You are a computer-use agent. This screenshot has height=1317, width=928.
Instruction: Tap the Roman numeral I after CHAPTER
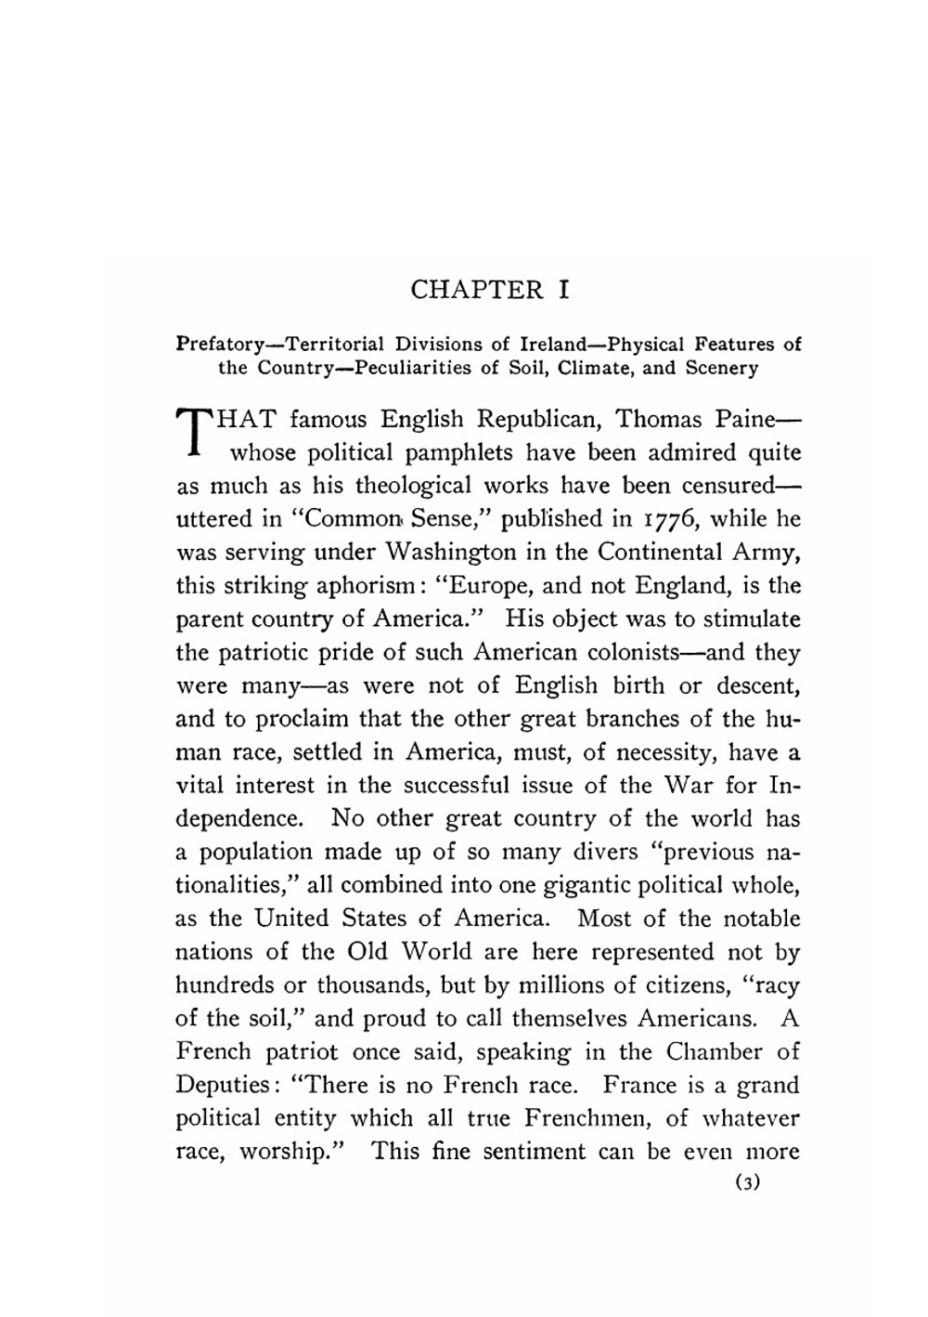[x=563, y=290]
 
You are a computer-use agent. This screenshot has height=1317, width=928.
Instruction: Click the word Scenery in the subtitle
[x=721, y=367]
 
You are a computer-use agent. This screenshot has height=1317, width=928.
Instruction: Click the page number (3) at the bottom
[x=747, y=1184]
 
